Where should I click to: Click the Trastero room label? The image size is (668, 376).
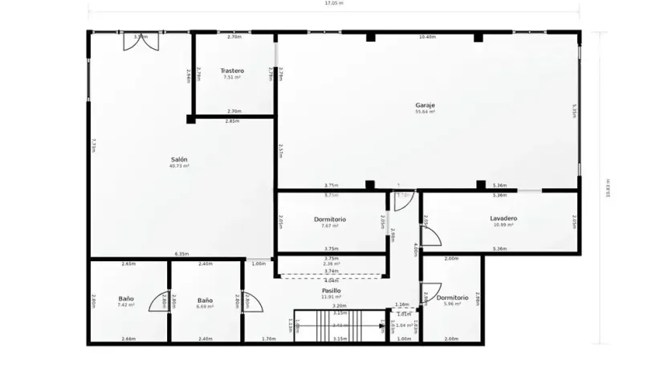232,71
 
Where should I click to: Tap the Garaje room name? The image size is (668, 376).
425,105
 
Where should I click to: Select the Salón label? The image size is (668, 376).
179,159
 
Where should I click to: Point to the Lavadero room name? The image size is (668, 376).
503,219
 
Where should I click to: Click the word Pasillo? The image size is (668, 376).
332,291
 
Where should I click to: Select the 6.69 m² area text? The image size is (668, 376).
205,305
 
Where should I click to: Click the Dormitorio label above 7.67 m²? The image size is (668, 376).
329,219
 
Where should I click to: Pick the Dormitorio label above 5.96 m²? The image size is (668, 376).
453,297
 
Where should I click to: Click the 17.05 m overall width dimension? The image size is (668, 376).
334,3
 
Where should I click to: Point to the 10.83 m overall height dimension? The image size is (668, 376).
608,189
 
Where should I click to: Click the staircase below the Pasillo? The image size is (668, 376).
337,325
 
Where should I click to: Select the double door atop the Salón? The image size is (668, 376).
135,41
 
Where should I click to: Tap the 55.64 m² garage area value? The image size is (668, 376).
425,112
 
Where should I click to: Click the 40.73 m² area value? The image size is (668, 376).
179,166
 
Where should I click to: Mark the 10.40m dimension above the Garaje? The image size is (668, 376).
427,37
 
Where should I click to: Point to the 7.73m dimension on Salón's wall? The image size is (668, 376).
94,145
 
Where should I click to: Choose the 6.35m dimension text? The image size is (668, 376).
182,255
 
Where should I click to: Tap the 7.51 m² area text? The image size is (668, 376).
232,78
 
